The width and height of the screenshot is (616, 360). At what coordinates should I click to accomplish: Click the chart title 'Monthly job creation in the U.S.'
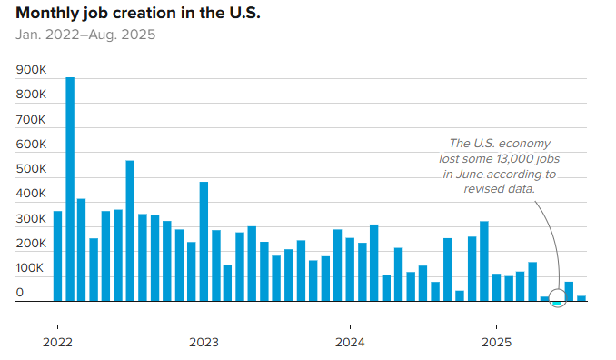coord(138,13)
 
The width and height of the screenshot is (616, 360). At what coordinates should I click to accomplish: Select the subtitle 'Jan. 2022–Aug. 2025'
coord(85,35)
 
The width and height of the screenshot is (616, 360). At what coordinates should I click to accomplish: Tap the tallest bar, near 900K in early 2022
coord(70,189)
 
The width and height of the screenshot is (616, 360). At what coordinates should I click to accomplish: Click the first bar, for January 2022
coord(58,256)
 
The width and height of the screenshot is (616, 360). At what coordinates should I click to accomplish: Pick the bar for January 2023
coord(204,242)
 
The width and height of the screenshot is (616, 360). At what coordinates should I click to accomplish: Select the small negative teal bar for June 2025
coord(558,303)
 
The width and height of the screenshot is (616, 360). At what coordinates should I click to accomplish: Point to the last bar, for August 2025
coord(581,299)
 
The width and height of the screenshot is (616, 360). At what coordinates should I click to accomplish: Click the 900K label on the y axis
coord(31,70)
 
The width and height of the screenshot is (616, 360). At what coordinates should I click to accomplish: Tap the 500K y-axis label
coord(31,169)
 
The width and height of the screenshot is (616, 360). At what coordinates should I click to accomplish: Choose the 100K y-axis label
coord(29,268)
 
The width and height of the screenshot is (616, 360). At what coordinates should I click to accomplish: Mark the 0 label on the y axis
coord(20,293)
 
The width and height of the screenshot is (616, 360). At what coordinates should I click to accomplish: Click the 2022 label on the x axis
coord(58,343)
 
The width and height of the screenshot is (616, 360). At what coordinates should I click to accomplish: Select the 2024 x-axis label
coord(350,343)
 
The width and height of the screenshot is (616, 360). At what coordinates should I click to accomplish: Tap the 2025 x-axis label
coord(497,343)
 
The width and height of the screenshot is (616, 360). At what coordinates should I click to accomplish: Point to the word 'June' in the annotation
coord(467,175)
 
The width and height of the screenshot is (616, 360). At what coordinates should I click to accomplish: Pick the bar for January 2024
coord(350,270)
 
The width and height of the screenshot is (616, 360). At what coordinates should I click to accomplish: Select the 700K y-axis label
coord(31,119)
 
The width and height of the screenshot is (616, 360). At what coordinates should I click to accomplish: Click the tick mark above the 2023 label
coord(204,326)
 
